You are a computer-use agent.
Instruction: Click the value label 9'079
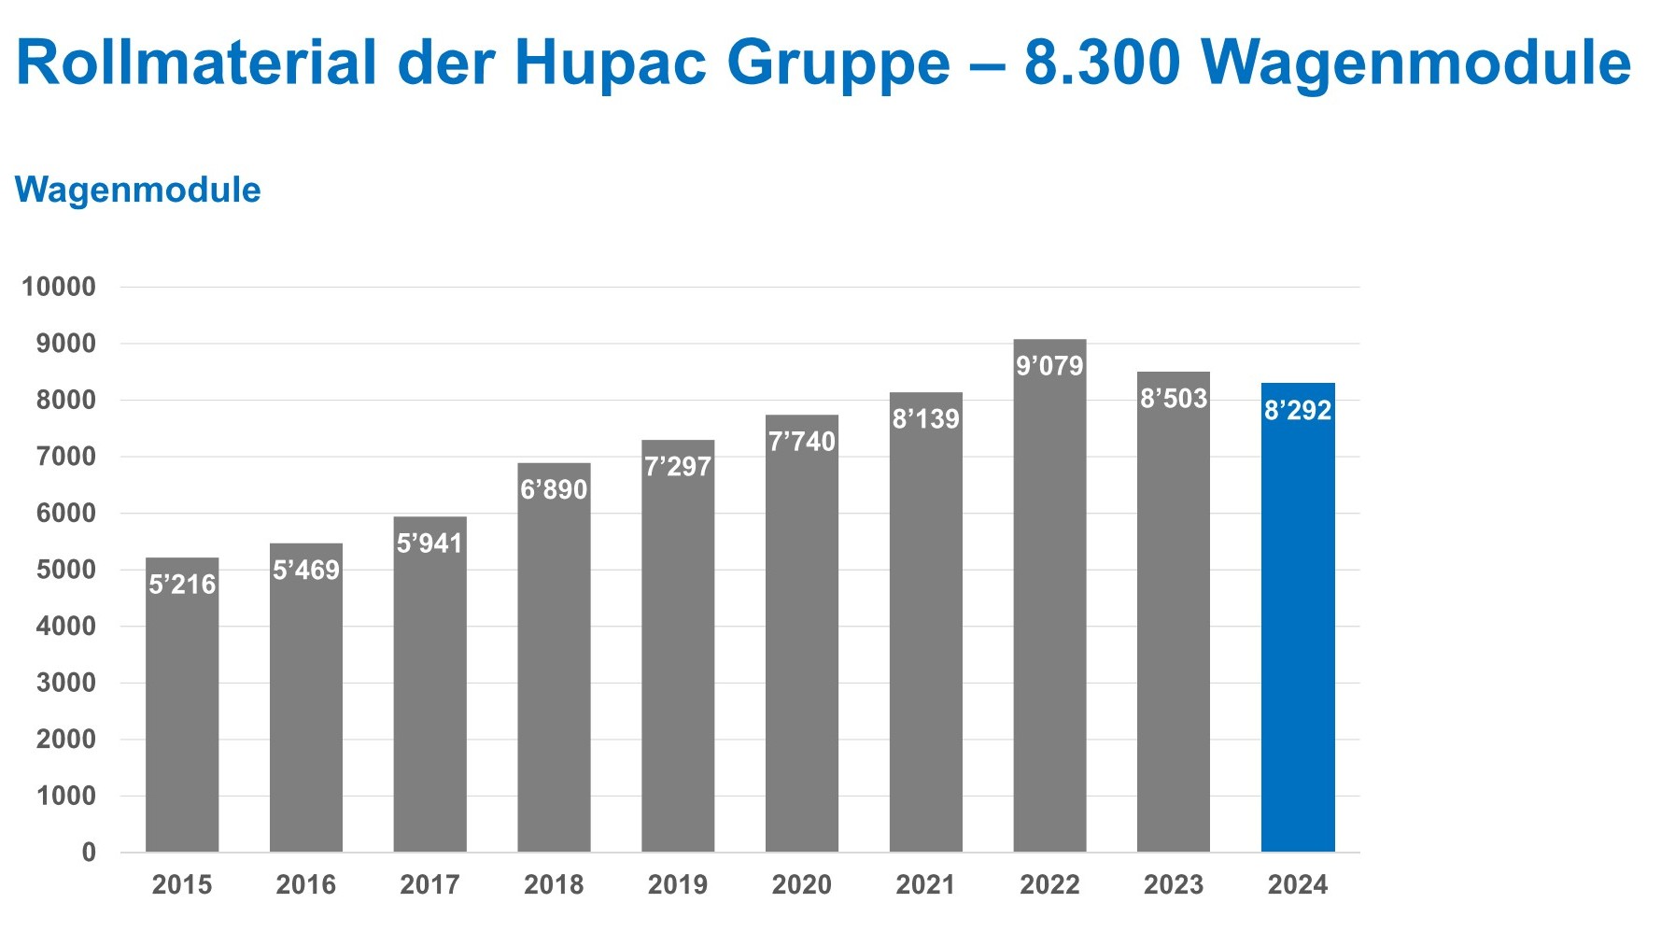click(x=1049, y=365)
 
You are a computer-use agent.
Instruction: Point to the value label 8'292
click(x=1297, y=410)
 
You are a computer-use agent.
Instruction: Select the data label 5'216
click(x=182, y=585)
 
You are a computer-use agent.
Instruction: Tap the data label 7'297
click(x=678, y=466)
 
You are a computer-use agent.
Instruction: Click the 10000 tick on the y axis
click(x=59, y=287)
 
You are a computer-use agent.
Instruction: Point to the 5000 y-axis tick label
click(x=65, y=570)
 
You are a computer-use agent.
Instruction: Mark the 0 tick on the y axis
click(x=89, y=852)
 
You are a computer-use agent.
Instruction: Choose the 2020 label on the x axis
click(x=801, y=884)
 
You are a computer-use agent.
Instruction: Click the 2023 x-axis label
click(x=1173, y=884)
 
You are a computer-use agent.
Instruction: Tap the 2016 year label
click(x=306, y=884)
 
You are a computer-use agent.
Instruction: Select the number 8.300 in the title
click(x=1102, y=63)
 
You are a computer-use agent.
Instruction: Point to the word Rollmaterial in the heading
click(x=196, y=63)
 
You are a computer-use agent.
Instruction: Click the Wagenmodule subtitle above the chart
click(x=138, y=190)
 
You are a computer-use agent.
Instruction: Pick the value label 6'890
click(x=554, y=489)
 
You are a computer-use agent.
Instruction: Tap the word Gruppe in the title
click(x=838, y=63)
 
